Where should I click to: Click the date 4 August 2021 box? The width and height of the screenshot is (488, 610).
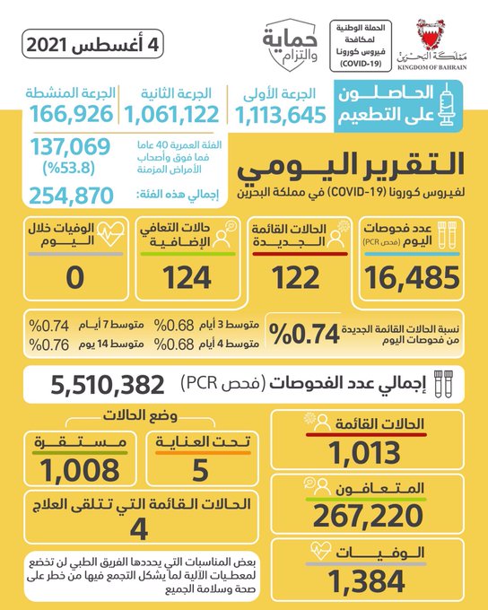tap(92, 44)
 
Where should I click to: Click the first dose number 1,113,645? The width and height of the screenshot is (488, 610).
tap(281, 115)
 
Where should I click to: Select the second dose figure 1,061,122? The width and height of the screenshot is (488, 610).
tap(171, 115)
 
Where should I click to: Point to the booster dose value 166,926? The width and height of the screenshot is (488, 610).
tap(72, 114)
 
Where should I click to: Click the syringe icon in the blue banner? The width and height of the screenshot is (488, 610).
tap(447, 104)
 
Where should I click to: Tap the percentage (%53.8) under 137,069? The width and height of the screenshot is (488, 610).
tap(69, 168)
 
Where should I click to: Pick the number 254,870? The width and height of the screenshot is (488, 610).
tap(71, 196)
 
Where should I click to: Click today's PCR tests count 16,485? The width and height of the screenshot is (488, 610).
tap(412, 277)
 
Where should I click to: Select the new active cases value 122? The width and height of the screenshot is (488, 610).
tap(296, 278)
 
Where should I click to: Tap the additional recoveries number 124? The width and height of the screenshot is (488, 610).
tap(187, 278)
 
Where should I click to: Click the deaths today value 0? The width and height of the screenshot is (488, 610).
tap(75, 278)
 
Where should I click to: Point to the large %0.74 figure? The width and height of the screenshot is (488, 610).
tap(304, 334)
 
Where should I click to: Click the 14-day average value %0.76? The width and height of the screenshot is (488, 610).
tap(49, 344)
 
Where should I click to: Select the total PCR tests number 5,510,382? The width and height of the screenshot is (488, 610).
tap(108, 385)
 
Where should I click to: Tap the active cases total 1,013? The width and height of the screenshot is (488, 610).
tap(364, 453)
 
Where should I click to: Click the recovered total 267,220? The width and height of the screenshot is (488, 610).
tap(368, 516)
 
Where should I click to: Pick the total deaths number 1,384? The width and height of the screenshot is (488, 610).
tap(366, 581)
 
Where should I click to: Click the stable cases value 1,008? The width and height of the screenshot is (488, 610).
tap(80, 470)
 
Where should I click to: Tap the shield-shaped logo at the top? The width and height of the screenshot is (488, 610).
tap(290, 45)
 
